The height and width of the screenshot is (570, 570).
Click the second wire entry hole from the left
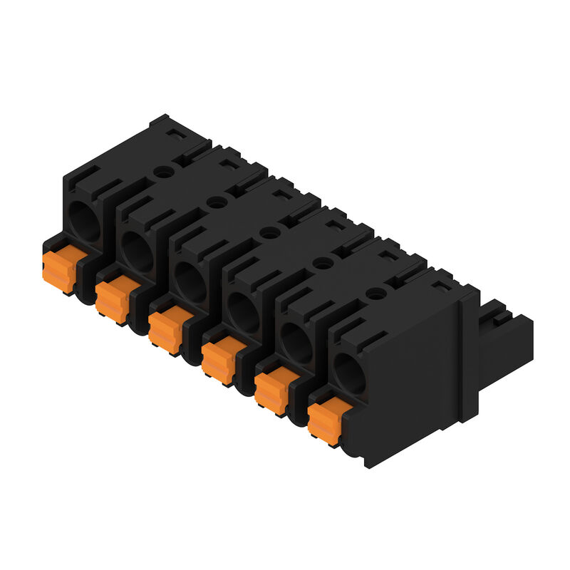point(136,250)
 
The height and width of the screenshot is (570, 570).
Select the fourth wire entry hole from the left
point(243,311)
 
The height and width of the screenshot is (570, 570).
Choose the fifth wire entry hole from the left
point(296,341)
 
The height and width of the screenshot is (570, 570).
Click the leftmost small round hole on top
point(164,172)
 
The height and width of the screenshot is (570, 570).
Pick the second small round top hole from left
point(217,202)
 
